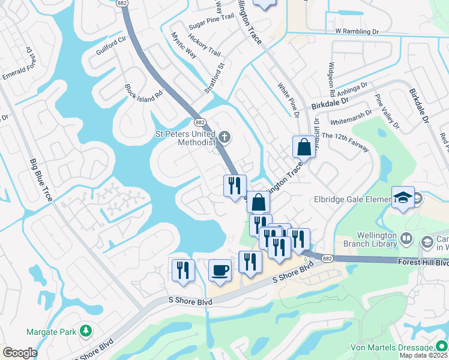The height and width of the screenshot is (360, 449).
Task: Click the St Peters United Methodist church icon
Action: [224, 137]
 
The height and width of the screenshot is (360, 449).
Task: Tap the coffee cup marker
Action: [220, 270]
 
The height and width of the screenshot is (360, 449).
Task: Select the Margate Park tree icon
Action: [86, 331]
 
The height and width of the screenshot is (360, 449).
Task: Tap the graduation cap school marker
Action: [403, 196]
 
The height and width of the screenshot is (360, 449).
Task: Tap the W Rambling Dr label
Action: [358, 31]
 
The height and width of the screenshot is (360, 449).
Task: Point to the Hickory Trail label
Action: [203, 45]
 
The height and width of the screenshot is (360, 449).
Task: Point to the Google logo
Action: [20, 353]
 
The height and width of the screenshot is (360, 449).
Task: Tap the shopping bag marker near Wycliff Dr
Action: [304, 146]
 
